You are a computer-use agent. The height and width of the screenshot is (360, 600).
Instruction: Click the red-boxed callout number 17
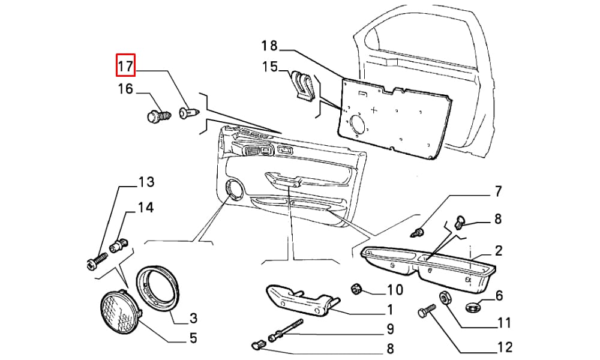pos(125,66)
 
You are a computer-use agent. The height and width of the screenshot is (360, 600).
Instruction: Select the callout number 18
pos(269,46)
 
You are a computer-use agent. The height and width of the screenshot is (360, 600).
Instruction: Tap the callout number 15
pos(270,67)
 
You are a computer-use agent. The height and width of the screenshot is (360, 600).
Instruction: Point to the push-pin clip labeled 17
pos(189,112)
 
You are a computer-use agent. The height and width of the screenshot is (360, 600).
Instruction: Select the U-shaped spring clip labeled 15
pos(304,86)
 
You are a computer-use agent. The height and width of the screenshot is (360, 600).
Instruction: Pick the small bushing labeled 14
pos(119,245)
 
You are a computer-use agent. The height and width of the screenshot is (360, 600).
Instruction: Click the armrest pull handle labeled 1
pos(302,300)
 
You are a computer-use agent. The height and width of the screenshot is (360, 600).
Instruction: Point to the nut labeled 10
pos(357,289)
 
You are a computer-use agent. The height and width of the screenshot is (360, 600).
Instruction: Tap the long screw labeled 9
pos(286,329)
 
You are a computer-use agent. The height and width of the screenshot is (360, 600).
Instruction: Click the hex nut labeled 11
pos(445,297)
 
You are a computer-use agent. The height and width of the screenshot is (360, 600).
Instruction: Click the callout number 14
pos(146,208)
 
